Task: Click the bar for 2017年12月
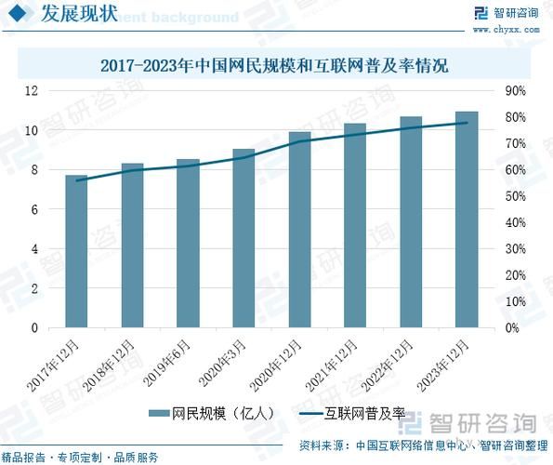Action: (x=76, y=251)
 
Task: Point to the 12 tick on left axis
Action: (x=32, y=91)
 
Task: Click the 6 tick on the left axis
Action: (x=32, y=210)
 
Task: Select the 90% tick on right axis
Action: (x=514, y=91)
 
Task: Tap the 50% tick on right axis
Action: (x=514, y=196)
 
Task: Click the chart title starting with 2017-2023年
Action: (x=276, y=66)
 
